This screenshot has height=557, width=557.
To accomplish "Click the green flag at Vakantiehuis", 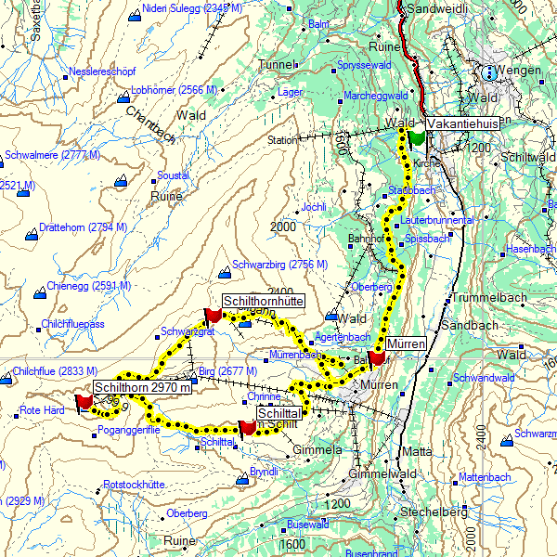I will [x=415, y=137].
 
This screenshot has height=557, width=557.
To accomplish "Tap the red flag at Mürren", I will [x=376, y=357].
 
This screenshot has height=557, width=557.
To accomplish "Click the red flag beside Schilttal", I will [x=247, y=427].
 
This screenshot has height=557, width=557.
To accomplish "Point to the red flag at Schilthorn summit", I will [x=84, y=401].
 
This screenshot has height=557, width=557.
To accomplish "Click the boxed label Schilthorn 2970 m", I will [x=144, y=387].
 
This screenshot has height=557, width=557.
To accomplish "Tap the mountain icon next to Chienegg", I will [x=39, y=294].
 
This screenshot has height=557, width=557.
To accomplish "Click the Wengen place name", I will [x=519, y=71].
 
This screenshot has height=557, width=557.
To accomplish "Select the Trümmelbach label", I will [x=488, y=298].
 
